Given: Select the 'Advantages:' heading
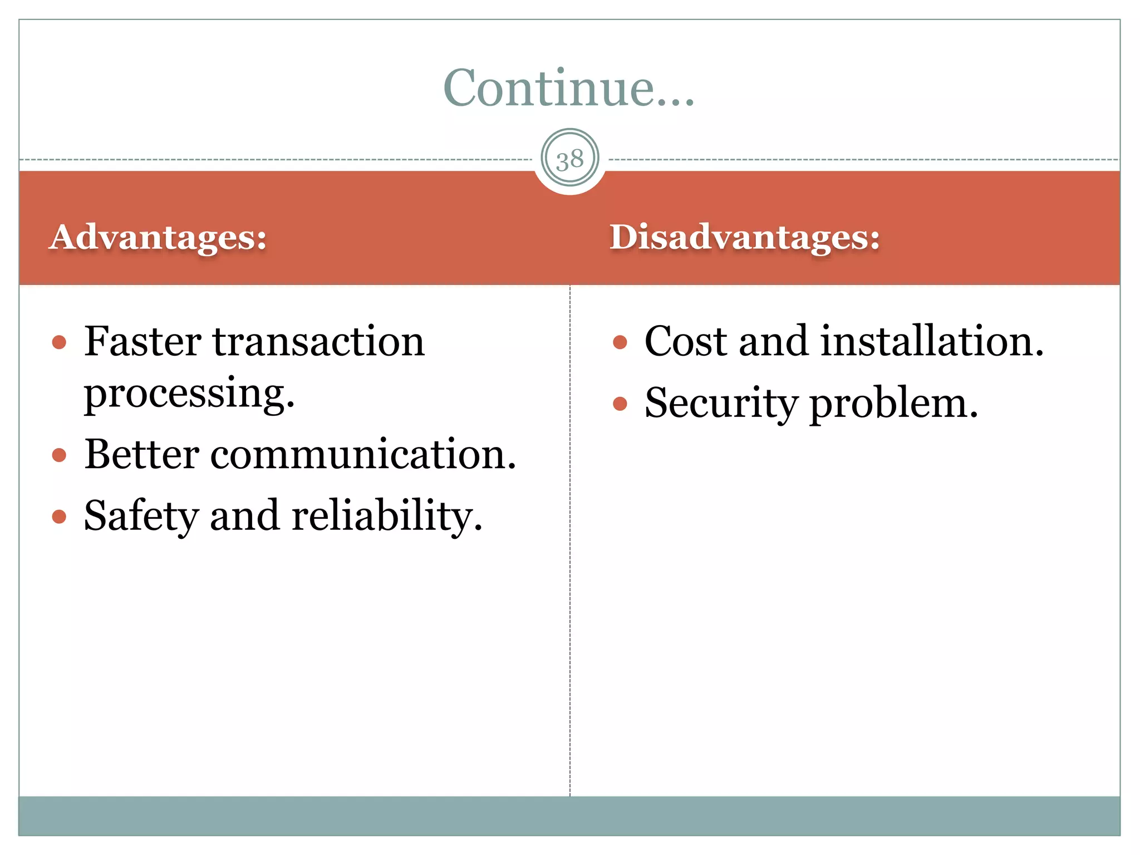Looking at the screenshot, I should (158, 237).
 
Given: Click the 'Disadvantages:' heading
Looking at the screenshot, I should (745, 237).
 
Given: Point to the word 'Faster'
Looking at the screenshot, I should (142, 341).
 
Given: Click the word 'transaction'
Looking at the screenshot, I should (319, 341).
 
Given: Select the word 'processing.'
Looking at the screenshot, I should (189, 394).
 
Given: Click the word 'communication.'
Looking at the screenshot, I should (363, 454).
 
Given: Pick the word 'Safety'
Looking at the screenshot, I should (141, 517).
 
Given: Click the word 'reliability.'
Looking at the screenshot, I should (387, 517).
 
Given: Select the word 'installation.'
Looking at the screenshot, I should (932, 341).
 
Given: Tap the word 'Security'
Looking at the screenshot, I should (721, 404).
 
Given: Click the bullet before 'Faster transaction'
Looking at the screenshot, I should (59, 342).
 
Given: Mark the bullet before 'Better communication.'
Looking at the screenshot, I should (59, 455).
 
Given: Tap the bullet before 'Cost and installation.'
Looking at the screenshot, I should (620, 342).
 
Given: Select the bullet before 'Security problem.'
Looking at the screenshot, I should (620, 404).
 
